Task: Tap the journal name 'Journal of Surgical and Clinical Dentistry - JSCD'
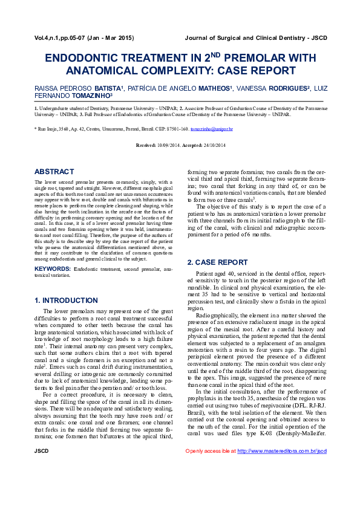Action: pos(255,38)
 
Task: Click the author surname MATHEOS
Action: pos(212,88)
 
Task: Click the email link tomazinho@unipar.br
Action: pos(212,129)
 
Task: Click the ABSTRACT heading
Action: pos(54,172)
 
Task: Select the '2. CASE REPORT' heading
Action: pos(217,262)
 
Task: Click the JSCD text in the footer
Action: pos(42,485)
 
